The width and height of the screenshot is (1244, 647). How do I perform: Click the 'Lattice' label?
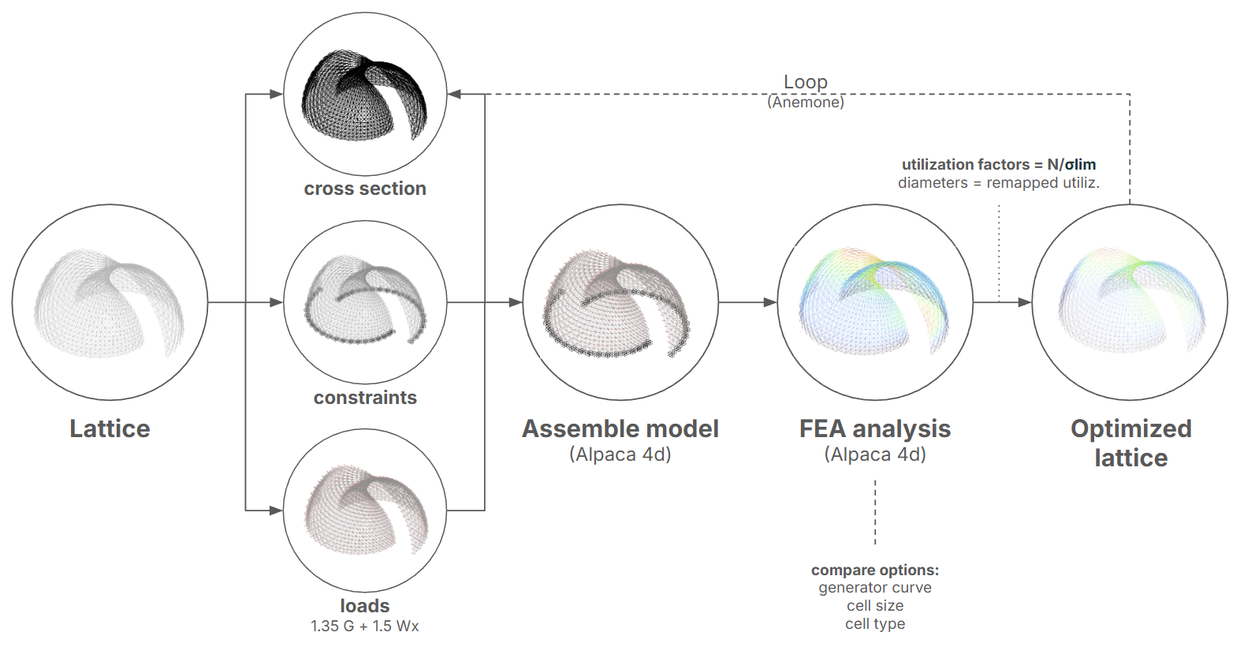(110, 428)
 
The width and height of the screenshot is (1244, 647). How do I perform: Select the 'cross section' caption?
(365, 189)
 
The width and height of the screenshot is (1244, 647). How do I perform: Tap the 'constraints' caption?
(365, 398)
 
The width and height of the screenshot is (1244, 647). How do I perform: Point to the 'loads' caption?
(365, 606)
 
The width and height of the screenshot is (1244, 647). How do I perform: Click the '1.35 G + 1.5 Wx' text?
(365, 626)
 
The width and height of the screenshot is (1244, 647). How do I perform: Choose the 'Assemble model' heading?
(620, 428)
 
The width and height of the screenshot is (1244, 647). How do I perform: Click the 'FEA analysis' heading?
(875, 428)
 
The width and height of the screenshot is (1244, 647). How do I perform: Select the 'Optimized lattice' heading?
(1130, 443)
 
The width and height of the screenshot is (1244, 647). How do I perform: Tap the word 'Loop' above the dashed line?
(806, 82)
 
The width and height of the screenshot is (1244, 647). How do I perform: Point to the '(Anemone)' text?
(806, 103)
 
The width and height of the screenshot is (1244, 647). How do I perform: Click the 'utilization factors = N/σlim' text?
(999, 164)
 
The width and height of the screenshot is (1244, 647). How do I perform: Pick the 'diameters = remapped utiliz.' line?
(999, 183)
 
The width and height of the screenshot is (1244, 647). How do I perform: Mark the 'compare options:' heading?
(875, 570)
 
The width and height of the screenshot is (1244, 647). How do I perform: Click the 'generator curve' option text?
(875, 588)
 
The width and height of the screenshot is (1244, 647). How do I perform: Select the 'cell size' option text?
(875, 606)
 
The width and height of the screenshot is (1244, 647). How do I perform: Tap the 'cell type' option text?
(875, 624)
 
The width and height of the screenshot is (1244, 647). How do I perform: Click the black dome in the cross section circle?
(364, 95)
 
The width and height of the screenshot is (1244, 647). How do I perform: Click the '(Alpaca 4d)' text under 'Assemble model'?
(620, 455)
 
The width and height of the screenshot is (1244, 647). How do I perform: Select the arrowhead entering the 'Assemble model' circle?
(516, 302)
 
